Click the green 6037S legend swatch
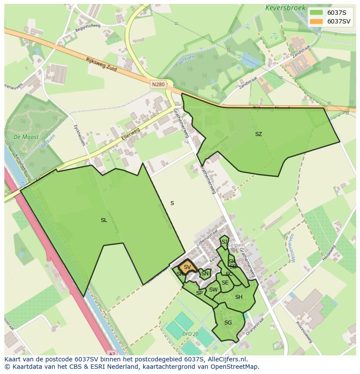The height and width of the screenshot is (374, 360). pyautogui.click(x=316, y=12)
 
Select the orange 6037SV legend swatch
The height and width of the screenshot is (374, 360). pyautogui.click(x=316, y=21)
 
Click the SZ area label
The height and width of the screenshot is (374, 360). pyautogui.click(x=259, y=134)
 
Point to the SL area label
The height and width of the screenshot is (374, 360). pyautogui.click(x=104, y=220)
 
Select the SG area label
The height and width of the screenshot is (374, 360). pyautogui.click(x=228, y=323)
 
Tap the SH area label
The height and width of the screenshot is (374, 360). pyautogui.click(x=239, y=297)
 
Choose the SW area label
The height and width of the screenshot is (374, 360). pyautogui.click(x=213, y=290)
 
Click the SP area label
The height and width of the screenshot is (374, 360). pyautogui.click(x=199, y=293)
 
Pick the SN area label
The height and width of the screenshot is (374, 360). pyautogui.click(x=204, y=274)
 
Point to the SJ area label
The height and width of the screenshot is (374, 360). pyautogui.click(x=224, y=242)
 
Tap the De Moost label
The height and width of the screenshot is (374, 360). pyautogui.click(x=26, y=137)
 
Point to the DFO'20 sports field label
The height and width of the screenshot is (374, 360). pyautogui.click(x=190, y=334)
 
